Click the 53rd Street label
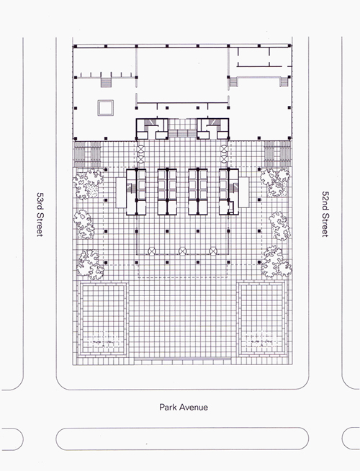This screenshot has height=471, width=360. click(x=40, y=215)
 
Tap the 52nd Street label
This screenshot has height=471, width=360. click(x=325, y=214)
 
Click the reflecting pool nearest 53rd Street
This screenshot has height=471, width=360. click(x=103, y=319)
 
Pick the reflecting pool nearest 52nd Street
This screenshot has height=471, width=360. click(x=262, y=319)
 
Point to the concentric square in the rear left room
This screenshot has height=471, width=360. click(x=105, y=108)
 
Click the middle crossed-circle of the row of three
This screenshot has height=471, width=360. click(x=182, y=251)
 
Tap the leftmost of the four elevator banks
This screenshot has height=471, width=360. click(x=136, y=192)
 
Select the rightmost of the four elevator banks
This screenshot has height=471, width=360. click(x=229, y=192)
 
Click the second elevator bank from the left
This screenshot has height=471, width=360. click(x=167, y=192)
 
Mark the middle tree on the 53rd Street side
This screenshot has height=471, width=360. click(x=84, y=225)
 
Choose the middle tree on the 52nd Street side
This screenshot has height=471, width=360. click(x=279, y=226)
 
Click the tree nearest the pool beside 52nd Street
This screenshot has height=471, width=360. click(x=276, y=262)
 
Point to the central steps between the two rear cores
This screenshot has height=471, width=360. click(x=182, y=133)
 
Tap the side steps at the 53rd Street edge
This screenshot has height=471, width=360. click(x=87, y=155)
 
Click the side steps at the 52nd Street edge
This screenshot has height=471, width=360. click(x=277, y=154)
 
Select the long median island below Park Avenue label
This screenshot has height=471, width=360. click(x=182, y=439)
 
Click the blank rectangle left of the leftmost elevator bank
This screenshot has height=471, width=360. click(x=121, y=192)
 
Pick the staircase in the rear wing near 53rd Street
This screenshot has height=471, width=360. click(x=106, y=82)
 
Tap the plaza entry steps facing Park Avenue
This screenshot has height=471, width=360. click(x=183, y=359)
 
